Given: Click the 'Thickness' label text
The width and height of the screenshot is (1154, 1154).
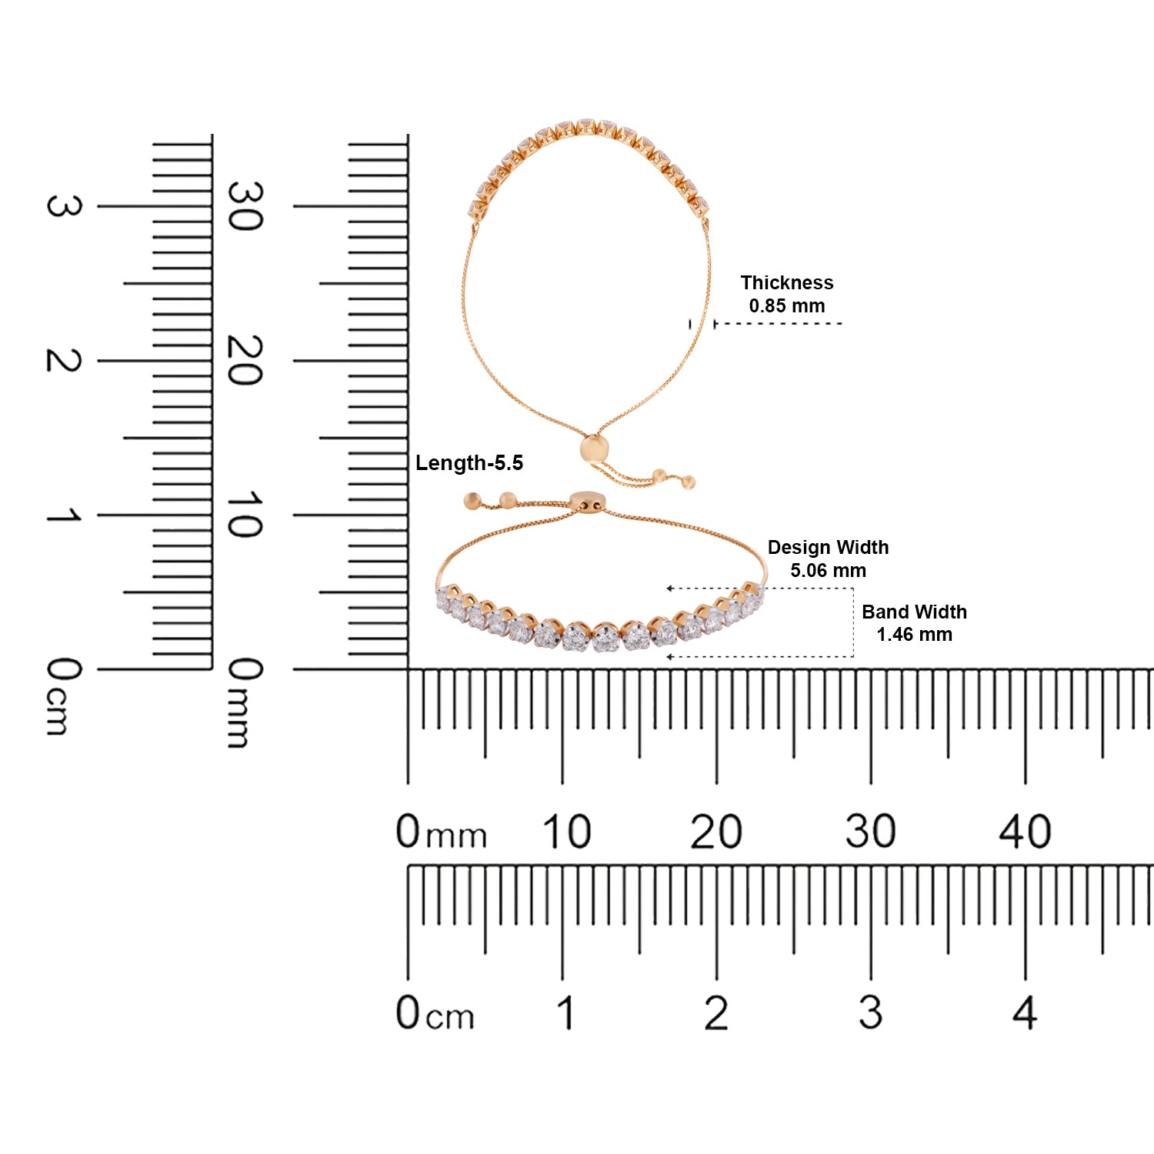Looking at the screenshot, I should point(786,282).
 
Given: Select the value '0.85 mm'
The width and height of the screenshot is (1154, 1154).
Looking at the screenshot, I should point(786,305).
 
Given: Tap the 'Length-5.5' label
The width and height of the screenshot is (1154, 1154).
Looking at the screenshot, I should point(469,463).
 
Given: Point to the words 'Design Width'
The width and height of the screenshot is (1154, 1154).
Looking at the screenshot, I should point(828,547).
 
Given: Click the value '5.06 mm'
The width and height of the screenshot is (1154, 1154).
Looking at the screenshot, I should point(828,570).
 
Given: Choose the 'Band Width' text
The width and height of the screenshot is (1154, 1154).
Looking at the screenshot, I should point(914,612).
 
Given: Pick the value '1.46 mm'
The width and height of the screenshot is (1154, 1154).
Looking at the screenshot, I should point(914,635).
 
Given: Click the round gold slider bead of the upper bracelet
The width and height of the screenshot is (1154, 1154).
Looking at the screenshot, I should point(594,449).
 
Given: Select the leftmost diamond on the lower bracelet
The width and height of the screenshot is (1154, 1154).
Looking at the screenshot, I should point(444,598).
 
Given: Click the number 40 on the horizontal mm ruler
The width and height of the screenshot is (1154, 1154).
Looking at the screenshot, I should point(1025,832).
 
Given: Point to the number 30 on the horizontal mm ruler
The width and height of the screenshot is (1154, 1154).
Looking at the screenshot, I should point(870,832).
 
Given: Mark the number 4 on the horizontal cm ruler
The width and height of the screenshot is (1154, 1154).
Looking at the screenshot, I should point(1025,1012).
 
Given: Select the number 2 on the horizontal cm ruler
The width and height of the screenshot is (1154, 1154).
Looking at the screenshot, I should point(716,1012).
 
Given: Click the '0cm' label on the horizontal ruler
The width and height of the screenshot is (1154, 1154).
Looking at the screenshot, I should point(435,1012).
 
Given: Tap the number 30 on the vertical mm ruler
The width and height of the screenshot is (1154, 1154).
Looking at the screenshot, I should point(245,206).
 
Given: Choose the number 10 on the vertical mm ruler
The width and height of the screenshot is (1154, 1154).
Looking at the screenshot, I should point(245,515).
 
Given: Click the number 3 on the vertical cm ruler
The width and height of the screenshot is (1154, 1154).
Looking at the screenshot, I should point(63,206).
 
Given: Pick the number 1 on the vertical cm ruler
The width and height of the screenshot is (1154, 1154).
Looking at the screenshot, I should point(63,515).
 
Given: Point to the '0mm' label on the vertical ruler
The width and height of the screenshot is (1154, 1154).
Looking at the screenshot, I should point(245,702).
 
